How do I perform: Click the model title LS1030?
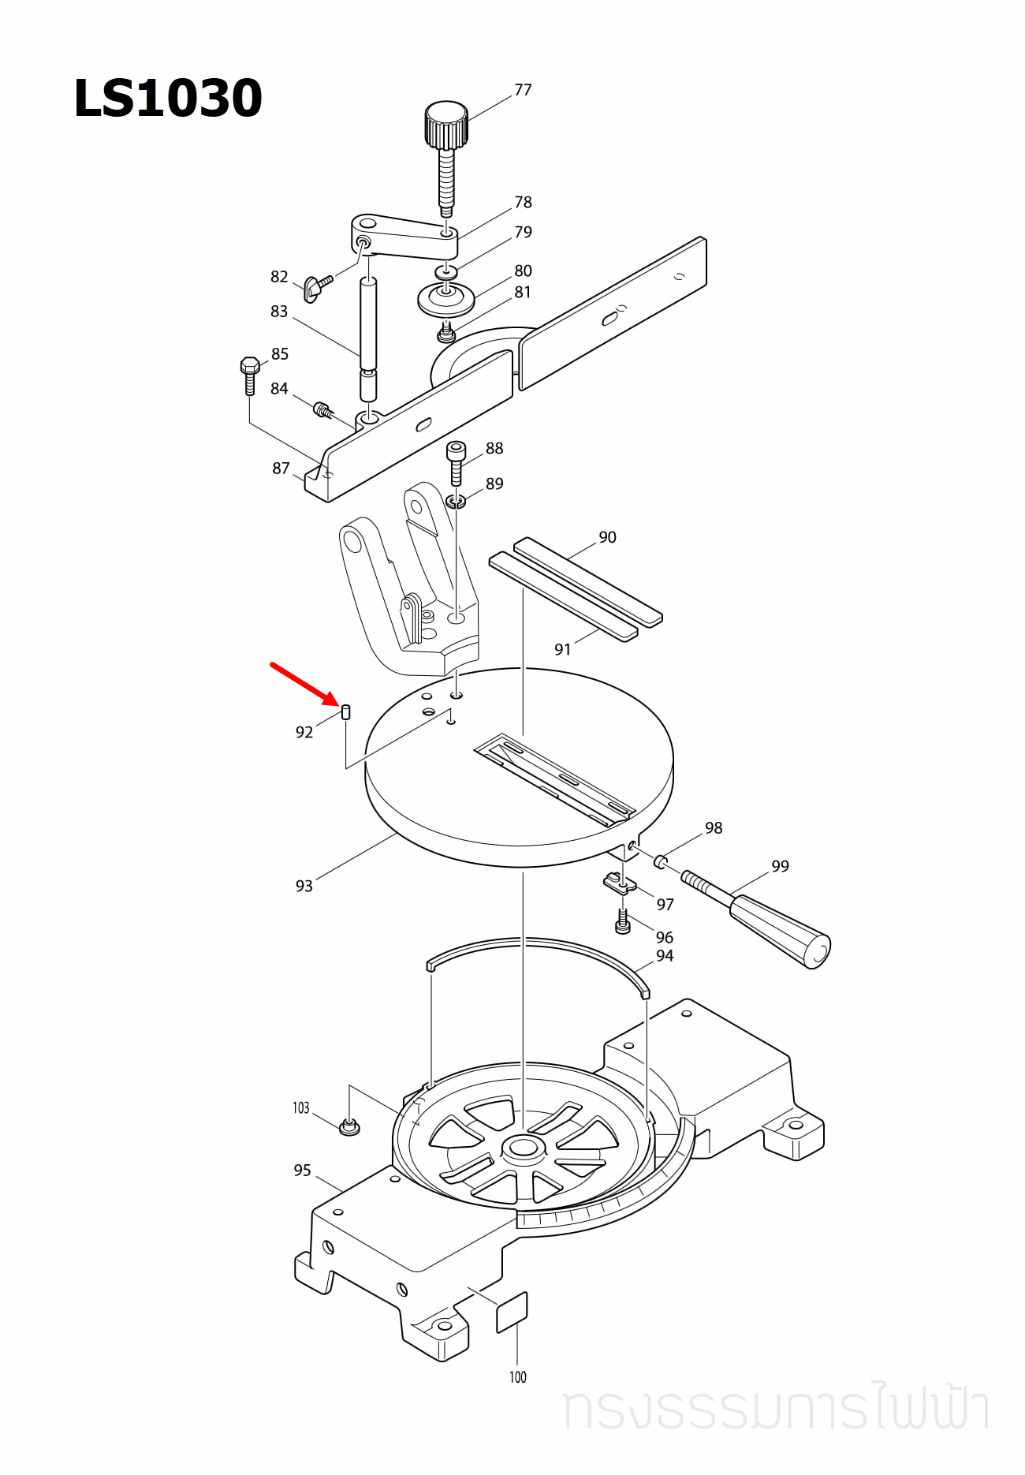pyautogui.click(x=167, y=99)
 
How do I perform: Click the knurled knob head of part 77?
pyautogui.click(x=446, y=124)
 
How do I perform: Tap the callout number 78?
pyautogui.click(x=523, y=203)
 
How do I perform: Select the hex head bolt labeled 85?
pyautogui.click(x=250, y=374)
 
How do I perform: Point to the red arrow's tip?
pyautogui.click(x=337, y=703)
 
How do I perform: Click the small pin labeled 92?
pyautogui.click(x=345, y=712)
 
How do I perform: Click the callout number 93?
pyautogui.click(x=304, y=886)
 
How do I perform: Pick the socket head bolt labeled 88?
pyautogui.click(x=457, y=461)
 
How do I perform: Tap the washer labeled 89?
pyautogui.click(x=456, y=500)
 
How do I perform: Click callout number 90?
pyautogui.click(x=607, y=537)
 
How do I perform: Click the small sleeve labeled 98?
pyautogui.click(x=661, y=861)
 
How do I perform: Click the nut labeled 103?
pyautogui.click(x=349, y=1127)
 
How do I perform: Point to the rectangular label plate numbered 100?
pyautogui.click(x=512, y=1313)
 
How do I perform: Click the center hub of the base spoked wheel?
pyautogui.click(x=522, y=1148)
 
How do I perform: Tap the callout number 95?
pyautogui.click(x=302, y=1171)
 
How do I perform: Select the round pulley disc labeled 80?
pyautogui.click(x=446, y=299)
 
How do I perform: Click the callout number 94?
pyautogui.click(x=665, y=956)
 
